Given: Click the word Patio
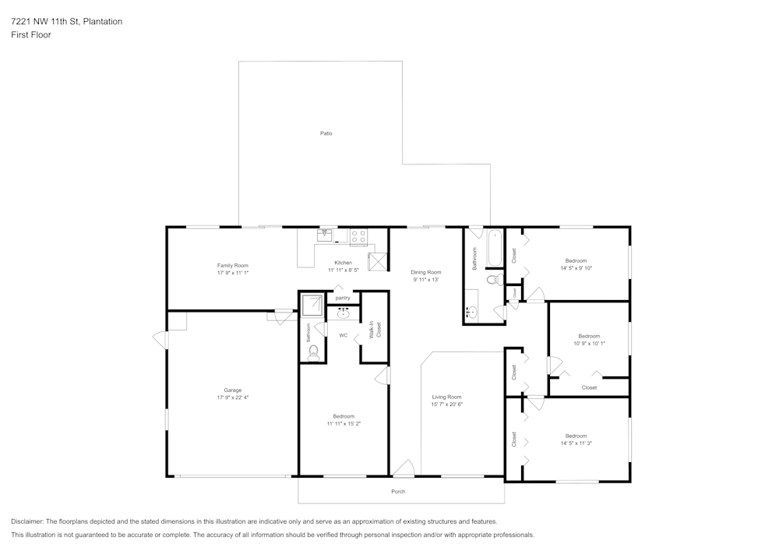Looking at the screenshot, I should pos(326,133).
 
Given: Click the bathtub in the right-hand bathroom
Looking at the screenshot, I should pos(495,249).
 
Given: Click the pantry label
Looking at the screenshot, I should pos(343,298).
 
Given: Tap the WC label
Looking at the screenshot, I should pos(343,335).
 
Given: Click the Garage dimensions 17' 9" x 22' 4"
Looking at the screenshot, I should pos(232,397).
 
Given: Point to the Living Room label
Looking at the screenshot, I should pos(446,397).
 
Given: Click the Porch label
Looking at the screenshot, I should pos(398,491).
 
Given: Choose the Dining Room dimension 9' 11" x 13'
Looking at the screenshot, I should pos(426,279).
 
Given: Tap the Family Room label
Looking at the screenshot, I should pos(232,266).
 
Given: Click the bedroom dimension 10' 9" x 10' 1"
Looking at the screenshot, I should pos(588,343).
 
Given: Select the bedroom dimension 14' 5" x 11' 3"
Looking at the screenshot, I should pos(576,443).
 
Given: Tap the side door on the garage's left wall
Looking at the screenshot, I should pos(160,340).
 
